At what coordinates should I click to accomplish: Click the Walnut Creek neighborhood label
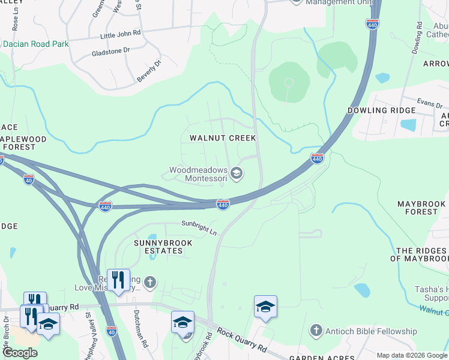pos(223,138)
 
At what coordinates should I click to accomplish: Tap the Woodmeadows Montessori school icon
pos(237,174)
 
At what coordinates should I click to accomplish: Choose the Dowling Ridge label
pos(381,110)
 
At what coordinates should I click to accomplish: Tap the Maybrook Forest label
pos(421,208)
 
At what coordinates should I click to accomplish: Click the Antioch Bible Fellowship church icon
pos(316,331)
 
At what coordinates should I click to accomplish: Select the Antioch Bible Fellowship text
pos(372,331)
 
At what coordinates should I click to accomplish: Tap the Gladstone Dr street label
pos(110,52)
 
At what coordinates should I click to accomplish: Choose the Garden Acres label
pos(315,356)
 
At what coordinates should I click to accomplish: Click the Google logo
pos(20,352)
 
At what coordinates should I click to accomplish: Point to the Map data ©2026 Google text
pos(412,355)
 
